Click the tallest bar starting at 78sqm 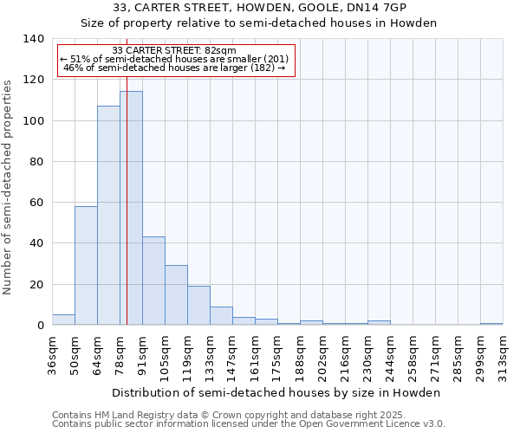(x=131, y=208)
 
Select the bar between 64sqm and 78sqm (x=108, y=216)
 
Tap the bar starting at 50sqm (x=86, y=266)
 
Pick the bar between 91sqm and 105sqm (x=153, y=281)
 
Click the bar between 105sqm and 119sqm (x=176, y=295)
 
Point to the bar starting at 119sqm (x=198, y=306)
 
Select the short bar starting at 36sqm (x=63, y=320)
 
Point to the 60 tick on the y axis (x=36, y=203)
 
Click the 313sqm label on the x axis (x=503, y=353)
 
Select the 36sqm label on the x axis (x=52, y=353)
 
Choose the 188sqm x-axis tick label (x=300, y=353)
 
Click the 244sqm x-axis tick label (x=390, y=353)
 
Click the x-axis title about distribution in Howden (x=277, y=392)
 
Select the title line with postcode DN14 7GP (x=260, y=8)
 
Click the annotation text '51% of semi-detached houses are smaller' (x=176, y=59)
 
